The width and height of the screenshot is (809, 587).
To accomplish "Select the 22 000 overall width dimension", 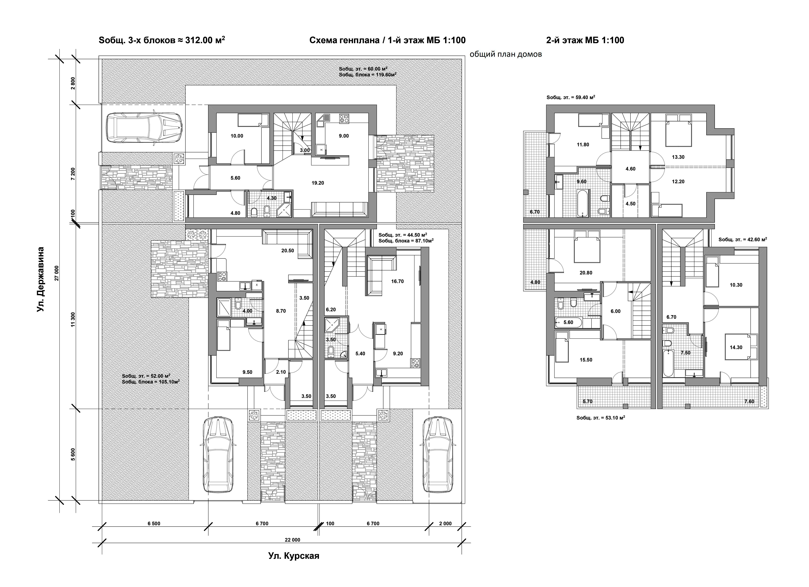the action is (x=293, y=540).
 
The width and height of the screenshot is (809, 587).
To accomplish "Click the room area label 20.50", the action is (x=288, y=251).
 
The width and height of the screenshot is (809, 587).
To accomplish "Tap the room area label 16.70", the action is (x=397, y=281).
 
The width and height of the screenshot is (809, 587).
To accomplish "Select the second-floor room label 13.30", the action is (x=678, y=157).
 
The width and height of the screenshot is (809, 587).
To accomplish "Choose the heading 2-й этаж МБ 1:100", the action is (x=585, y=40).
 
